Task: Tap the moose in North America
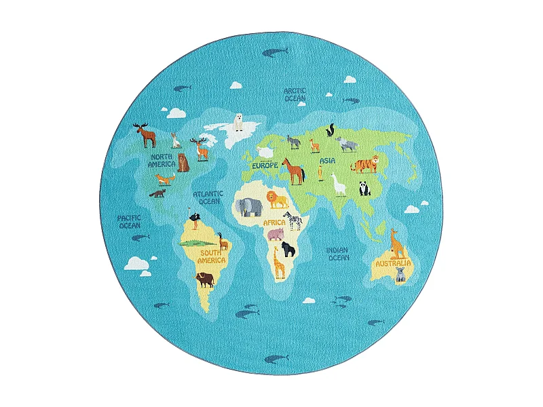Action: [145, 134]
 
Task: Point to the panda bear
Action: [365, 188]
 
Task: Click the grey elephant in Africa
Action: [250, 206]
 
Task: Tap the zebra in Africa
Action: [293, 220]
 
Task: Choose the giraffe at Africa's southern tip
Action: [279, 262]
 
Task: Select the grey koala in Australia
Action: [400, 274]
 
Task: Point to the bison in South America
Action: [204, 279]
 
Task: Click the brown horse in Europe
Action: [293, 171]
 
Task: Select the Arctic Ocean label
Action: [295, 94]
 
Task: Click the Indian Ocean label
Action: [338, 254]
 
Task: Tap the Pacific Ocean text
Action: [129, 221]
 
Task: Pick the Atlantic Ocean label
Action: [208, 197]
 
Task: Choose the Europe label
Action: [265, 165]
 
